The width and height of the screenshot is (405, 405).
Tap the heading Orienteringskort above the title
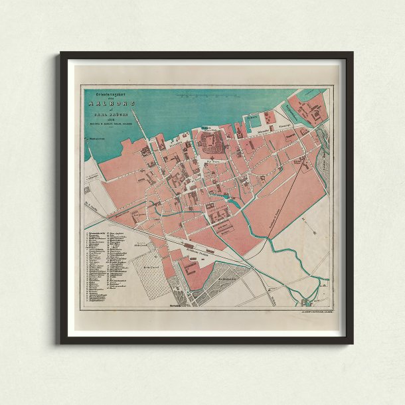coord(106,95)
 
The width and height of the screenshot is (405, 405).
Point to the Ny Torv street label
coord(214,160)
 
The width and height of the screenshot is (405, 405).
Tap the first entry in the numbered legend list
coord(100,234)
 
